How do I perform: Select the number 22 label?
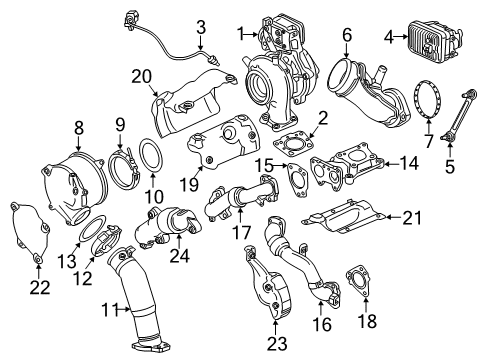point(38,288)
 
